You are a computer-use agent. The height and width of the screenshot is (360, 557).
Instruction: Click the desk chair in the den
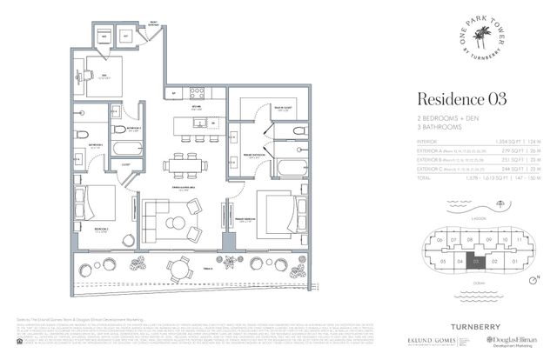click(x=88, y=75)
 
